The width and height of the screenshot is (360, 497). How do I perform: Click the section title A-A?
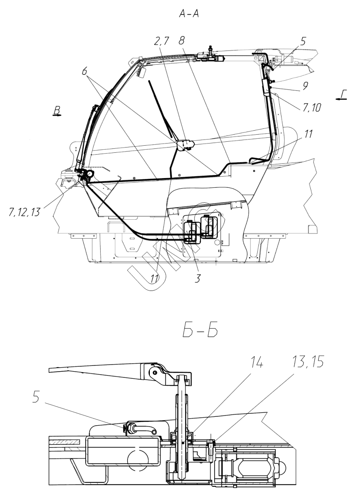pyautogui.click(x=189, y=14)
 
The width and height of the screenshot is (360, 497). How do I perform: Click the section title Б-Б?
pyautogui.click(x=200, y=331)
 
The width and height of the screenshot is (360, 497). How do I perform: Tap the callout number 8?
pyautogui.click(x=181, y=41)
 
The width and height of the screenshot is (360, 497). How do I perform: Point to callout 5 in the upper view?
pyautogui.click(x=303, y=41)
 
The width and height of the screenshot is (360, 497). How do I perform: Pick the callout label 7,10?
pyautogui.click(x=312, y=108)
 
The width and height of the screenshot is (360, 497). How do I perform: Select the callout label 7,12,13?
pyautogui.click(x=25, y=212)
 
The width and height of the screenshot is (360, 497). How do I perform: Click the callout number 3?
pyautogui.click(x=198, y=278)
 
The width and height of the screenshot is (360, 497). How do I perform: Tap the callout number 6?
pyautogui.click(x=84, y=71)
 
